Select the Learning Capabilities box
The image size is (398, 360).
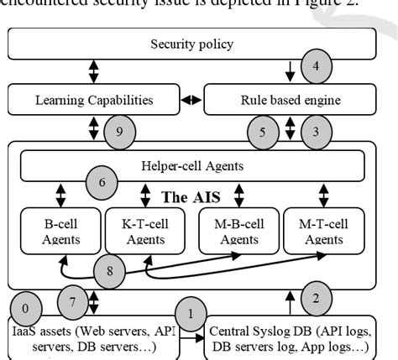click(94, 101)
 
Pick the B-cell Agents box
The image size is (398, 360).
click(59, 232)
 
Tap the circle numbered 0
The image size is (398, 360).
click(25, 308)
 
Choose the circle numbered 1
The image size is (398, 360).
click(190, 315)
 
